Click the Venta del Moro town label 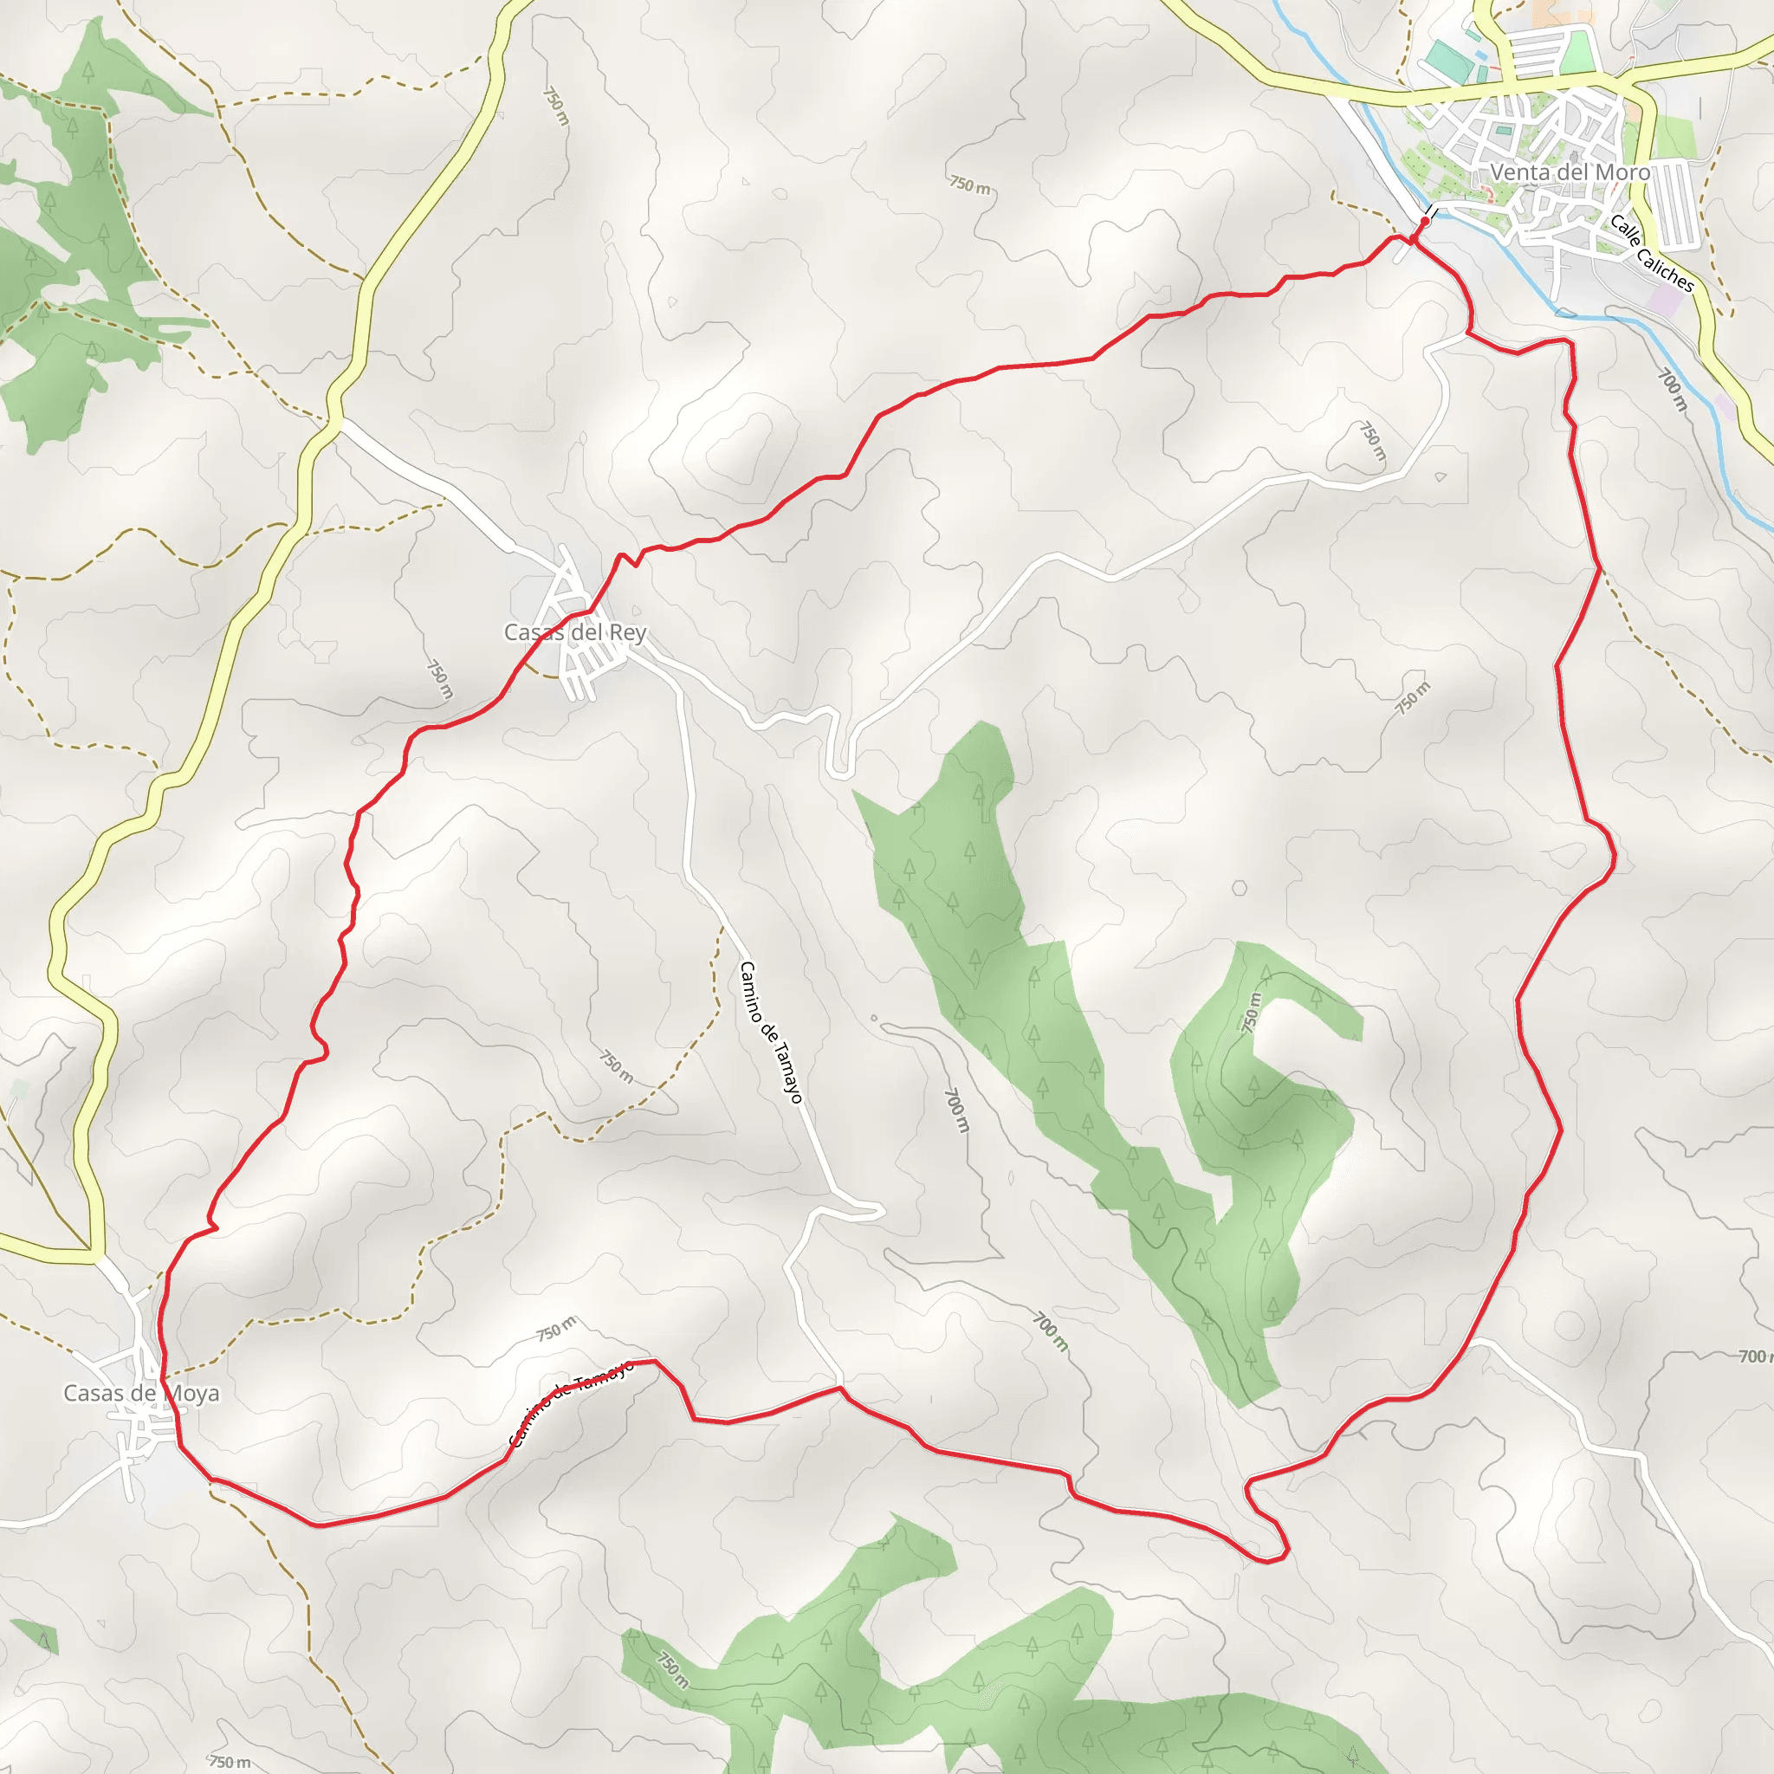click(1570, 172)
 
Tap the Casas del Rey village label click(575, 632)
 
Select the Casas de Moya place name click(141, 1393)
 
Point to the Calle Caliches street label click(1651, 253)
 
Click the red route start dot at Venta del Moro click(1424, 221)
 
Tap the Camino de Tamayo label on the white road click(770, 1031)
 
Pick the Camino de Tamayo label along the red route click(571, 1403)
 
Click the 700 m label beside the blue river click(1672, 391)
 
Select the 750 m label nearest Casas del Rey click(440, 679)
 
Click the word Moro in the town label click(1623, 172)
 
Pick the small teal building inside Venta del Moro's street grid click(1502, 132)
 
